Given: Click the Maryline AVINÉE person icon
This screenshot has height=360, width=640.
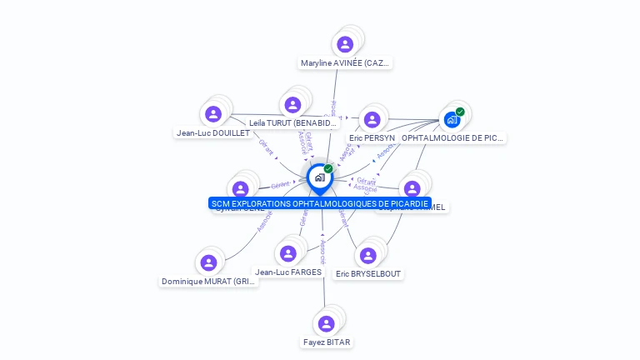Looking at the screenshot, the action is point(343,44).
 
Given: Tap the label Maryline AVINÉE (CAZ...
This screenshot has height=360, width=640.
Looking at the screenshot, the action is point(345,63).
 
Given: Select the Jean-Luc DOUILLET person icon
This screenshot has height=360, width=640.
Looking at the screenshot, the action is point(213,114).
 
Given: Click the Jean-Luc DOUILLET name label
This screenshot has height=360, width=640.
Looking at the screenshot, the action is point(213,132).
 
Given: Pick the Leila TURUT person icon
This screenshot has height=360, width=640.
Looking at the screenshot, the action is point(292,105).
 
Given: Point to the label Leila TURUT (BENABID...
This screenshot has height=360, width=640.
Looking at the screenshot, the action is point(292,123).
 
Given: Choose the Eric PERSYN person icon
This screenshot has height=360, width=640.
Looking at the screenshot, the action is point(372,119).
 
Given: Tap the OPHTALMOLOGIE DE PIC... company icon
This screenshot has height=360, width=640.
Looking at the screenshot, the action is point(452,119).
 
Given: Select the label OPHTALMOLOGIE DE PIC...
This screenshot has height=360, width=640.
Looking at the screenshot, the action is point(452,137).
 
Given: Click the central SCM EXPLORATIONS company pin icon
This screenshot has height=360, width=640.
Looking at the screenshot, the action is point(319,177).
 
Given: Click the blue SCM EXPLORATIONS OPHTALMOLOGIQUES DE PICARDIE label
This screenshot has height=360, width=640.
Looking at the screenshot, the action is point(320,203).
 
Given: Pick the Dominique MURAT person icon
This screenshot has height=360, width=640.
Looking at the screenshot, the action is point(208,263).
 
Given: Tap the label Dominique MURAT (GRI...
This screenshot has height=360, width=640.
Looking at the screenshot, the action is point(209,282).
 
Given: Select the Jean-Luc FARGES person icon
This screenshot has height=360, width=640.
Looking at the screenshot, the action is point(288,253).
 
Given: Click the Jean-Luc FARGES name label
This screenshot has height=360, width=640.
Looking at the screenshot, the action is point(288,272).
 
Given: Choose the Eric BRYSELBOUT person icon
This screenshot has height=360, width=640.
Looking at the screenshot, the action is point(367,255).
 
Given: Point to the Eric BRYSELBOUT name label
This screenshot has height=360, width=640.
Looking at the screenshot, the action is point(367,273).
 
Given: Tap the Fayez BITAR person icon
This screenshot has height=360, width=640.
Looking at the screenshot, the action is point(327,323).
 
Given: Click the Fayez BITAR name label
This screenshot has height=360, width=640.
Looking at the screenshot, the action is point(327,342).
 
